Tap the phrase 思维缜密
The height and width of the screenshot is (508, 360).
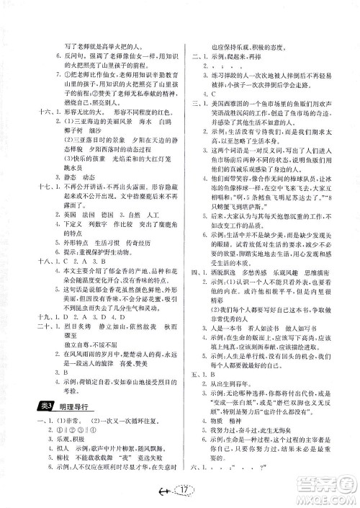[325, 295]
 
